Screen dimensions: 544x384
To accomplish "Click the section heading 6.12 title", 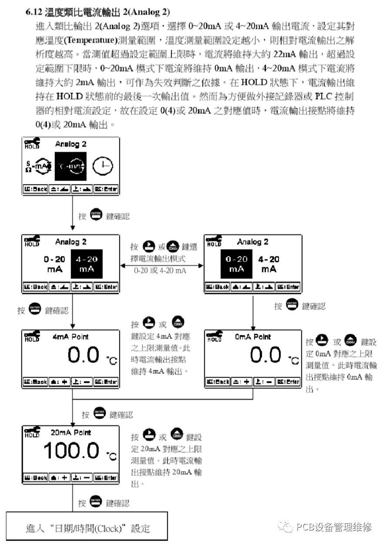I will (x=98, y=11).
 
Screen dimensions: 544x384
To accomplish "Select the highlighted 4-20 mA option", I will (x=87, y=264).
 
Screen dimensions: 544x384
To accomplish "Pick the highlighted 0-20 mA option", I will (x=236, y=264).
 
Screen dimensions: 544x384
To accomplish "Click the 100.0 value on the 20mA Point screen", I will (x=71, y=450).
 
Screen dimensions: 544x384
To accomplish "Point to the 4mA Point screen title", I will (x=71, y=337).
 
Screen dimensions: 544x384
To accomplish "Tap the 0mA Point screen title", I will (x=253, y=337).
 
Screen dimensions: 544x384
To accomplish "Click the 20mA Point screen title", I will (x=71, y=432).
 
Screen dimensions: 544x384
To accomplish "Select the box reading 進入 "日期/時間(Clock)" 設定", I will (x=87, y=528).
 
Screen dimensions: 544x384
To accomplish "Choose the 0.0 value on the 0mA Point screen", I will (x=266, y=356).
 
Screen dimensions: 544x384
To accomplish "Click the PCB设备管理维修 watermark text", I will (x=333, y=527).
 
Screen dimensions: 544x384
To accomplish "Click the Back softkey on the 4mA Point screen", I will (x=35, y=382).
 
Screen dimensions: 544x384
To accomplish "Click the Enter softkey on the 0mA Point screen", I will (x=288, y=382).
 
